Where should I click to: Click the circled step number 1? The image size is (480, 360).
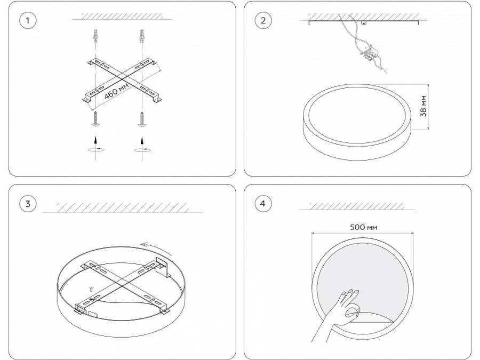[x=28, y=20]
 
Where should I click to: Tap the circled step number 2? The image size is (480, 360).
[x=263, y=20]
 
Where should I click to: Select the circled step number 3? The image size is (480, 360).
[x=28, y=204]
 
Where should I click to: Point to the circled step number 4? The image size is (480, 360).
[x=263, y=204]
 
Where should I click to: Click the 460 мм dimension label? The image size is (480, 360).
[x=116, y=91]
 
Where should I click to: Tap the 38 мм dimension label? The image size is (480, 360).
[x=423, y=106]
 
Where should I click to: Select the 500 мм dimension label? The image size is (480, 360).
[x=363, y=227]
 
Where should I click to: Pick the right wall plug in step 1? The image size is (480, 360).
[x=142, y=36]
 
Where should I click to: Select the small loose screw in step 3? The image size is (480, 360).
[x=91, y=289]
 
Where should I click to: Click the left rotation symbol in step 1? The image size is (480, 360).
[x=96, y=150]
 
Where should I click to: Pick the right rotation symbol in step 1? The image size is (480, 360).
[x=142, y=150]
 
